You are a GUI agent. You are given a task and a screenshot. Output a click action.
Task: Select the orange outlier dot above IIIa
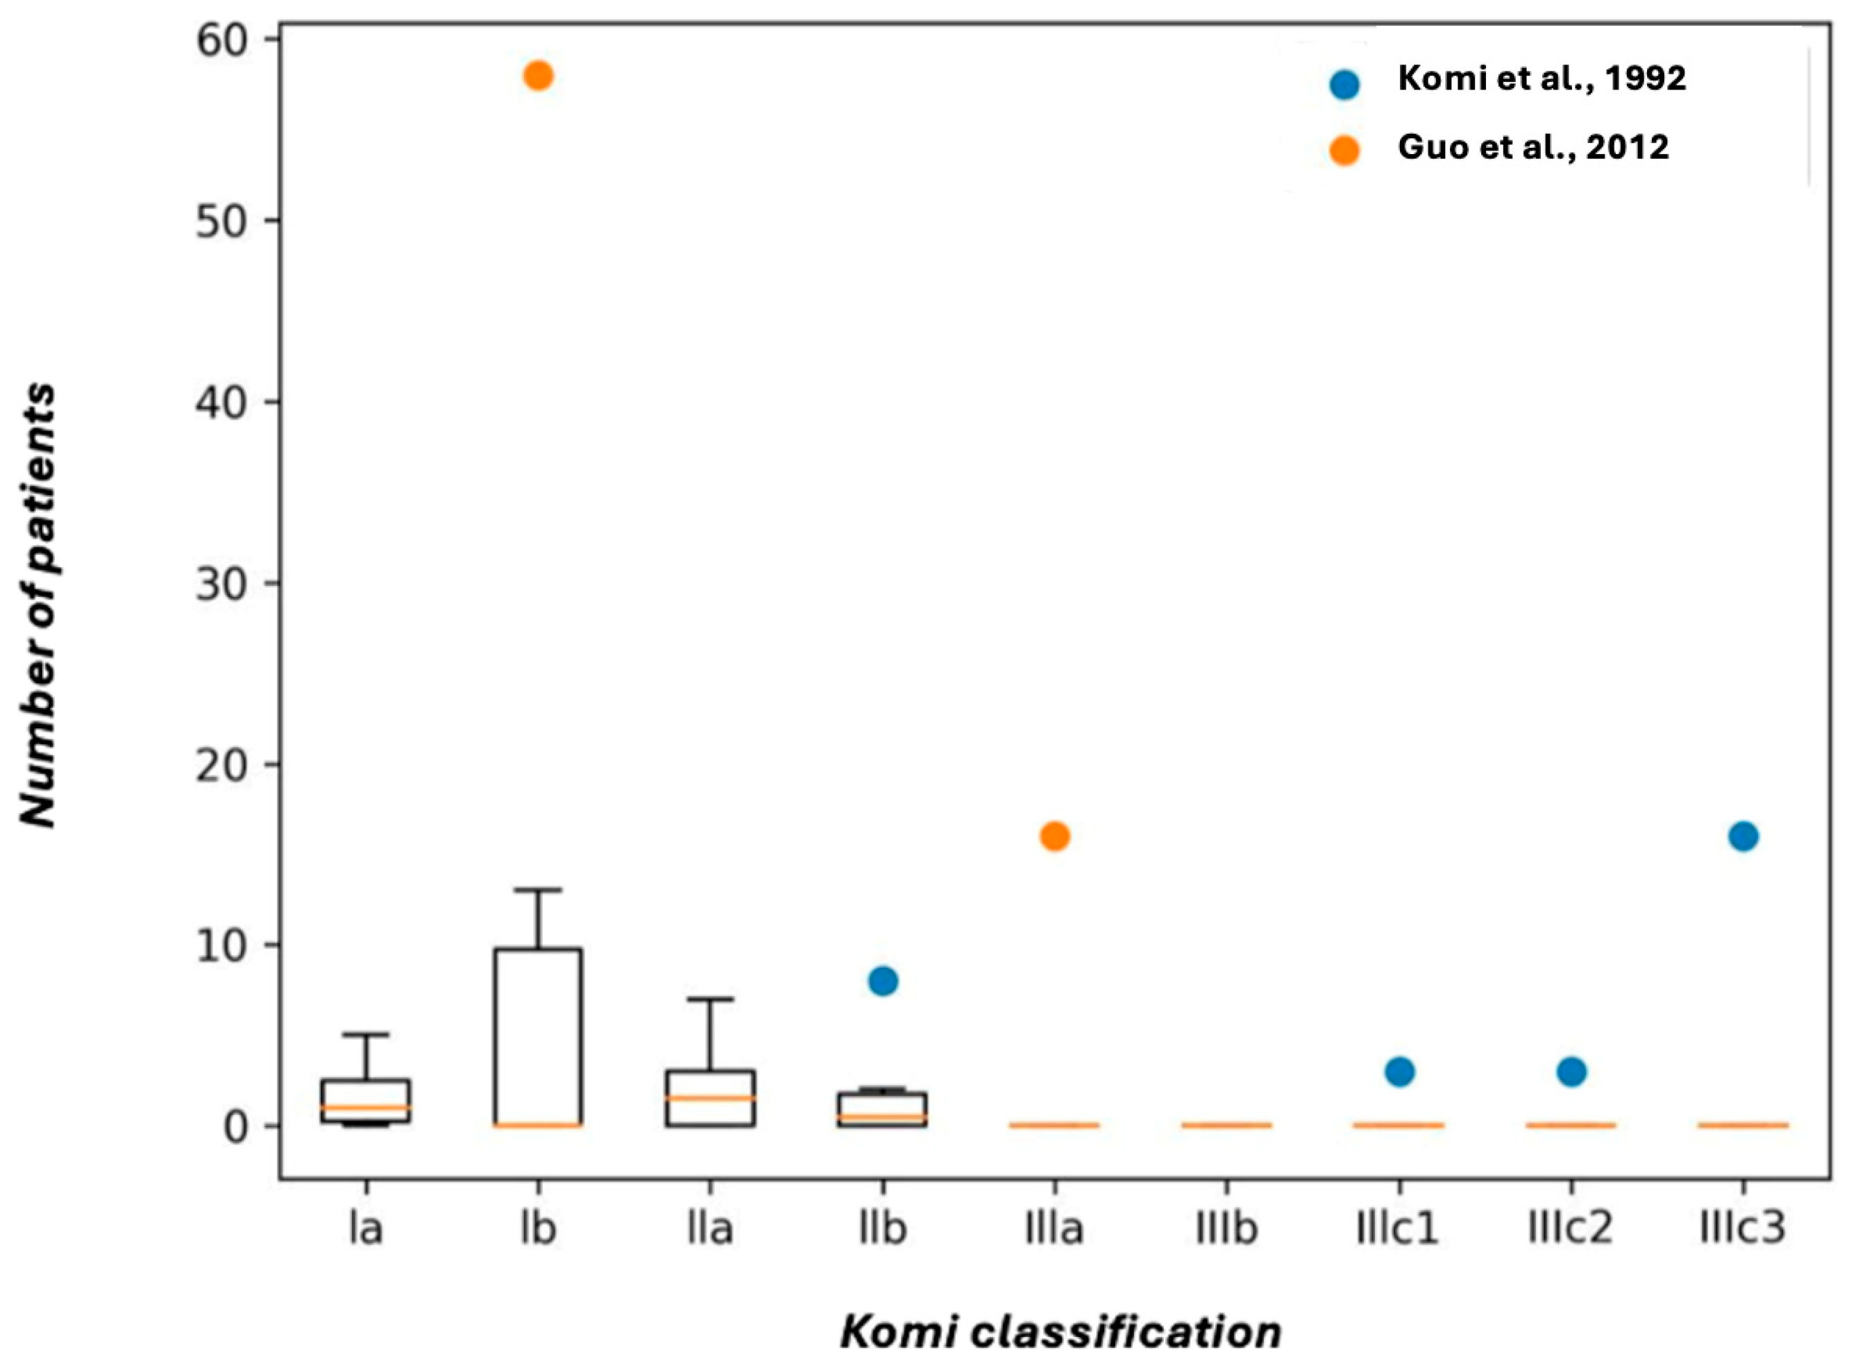pos(1055,836)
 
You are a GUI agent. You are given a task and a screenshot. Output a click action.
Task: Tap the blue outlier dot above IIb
pos(883,981)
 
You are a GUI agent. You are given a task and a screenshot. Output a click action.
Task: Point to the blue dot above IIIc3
pos(1744,836)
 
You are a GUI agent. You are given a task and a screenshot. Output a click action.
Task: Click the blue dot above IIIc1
pos(1400,1072)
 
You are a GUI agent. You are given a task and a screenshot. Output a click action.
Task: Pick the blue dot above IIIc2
pos(1572,1072)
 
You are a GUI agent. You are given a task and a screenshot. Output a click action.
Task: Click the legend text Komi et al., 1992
pos(1542,79)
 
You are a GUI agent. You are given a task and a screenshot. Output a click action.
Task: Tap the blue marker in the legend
pos(1344,84)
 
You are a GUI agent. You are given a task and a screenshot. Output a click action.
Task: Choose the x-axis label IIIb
pos(1227,1229)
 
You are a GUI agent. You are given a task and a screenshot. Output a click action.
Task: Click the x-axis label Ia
pos(366,1229)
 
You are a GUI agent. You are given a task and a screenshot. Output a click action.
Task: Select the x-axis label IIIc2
pos(1571,1229)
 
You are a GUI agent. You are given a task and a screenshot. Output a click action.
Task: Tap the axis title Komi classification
pos(1061,1332)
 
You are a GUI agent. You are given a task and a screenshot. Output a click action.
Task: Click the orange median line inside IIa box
pos(711,1098)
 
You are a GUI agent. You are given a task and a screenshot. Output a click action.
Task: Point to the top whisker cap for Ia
pos(366,1034)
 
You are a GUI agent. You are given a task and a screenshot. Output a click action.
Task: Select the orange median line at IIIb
pos(1227,1125)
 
